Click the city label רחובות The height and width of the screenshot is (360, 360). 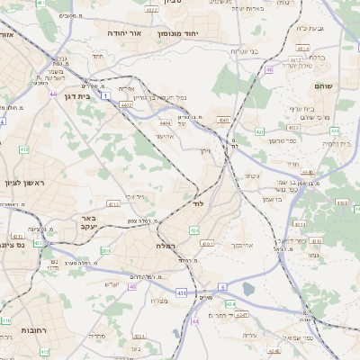16,331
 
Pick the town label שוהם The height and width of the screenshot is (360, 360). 324,85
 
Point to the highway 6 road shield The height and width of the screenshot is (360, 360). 222,286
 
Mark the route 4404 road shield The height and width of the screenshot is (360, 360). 164,122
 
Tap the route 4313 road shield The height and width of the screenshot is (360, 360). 113,204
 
